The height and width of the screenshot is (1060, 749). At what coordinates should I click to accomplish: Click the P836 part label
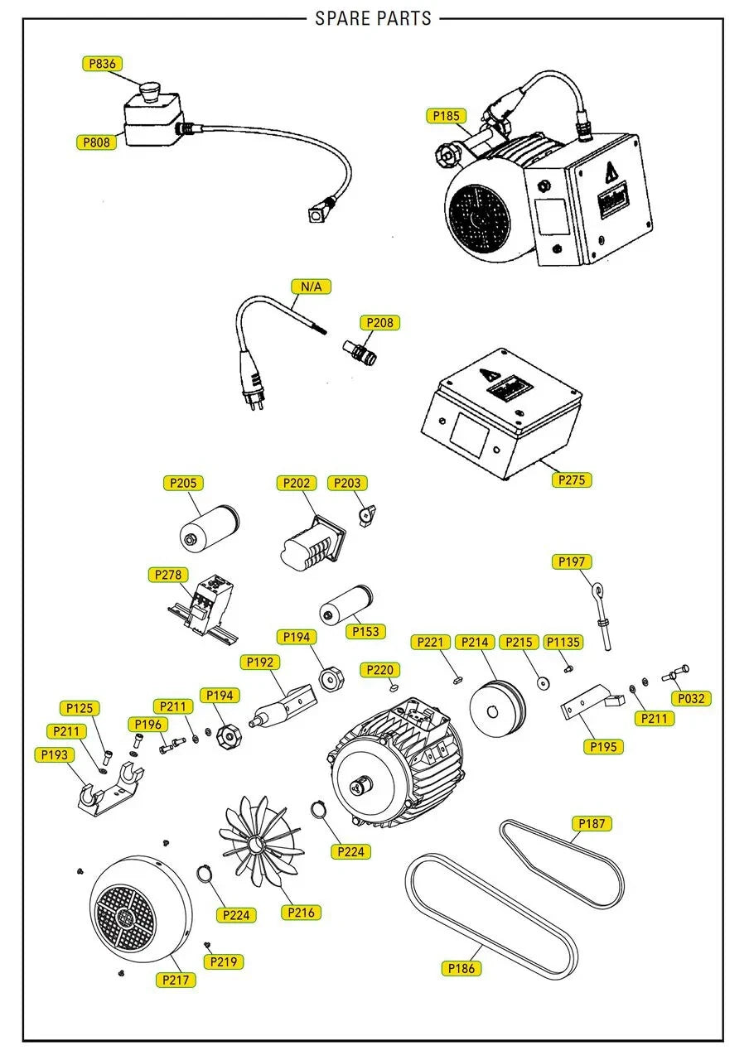pos(102,64)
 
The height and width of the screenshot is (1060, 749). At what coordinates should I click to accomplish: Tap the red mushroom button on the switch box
pos(149,89)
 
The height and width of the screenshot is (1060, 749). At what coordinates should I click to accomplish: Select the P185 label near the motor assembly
pos(446,116)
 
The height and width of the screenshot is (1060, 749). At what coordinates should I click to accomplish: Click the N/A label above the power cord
pos(311,287)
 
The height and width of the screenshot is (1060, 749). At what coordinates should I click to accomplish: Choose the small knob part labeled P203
pos(368,514)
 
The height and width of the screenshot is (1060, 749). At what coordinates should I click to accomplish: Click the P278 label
pos(168,575)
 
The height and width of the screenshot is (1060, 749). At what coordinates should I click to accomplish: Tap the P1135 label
pos(563,642)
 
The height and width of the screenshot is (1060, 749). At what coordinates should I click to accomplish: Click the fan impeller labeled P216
pos(258,841)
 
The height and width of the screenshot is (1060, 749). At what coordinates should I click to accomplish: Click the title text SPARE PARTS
pos(374,18)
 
